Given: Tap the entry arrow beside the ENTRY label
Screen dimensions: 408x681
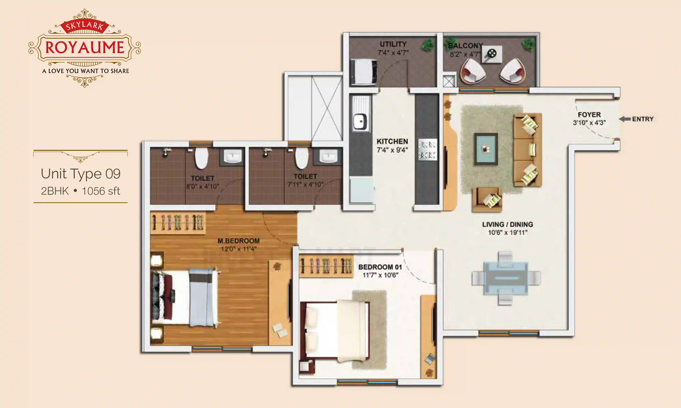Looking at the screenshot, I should point(625,119).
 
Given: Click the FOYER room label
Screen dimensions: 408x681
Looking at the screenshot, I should point(589,115).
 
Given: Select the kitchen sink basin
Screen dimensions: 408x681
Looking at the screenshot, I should point(360,121).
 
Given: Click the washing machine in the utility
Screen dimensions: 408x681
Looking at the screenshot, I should point(363,72).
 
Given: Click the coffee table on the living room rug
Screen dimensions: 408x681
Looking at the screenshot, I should point(486,149).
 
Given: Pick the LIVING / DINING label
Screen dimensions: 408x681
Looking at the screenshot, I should point(507,224).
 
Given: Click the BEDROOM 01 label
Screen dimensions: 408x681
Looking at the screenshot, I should point(380,267).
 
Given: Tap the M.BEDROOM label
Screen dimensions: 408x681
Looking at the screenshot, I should point(238,241).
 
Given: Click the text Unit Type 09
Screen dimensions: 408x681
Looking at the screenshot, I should point(81,174).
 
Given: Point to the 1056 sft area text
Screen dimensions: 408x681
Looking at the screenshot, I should point(101,191).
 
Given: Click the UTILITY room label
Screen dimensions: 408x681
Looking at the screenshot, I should point(393,44).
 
